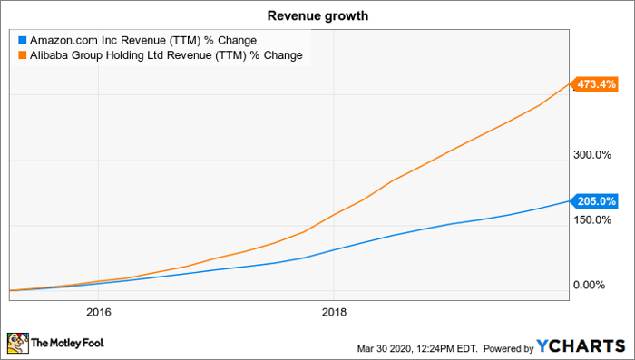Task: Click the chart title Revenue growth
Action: point(317,15)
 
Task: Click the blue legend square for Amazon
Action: point(23,41)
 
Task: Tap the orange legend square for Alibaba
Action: point(23,55)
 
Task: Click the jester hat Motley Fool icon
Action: point(17,343)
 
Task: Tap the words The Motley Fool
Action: point(68,345)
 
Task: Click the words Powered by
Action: point(513,347)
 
